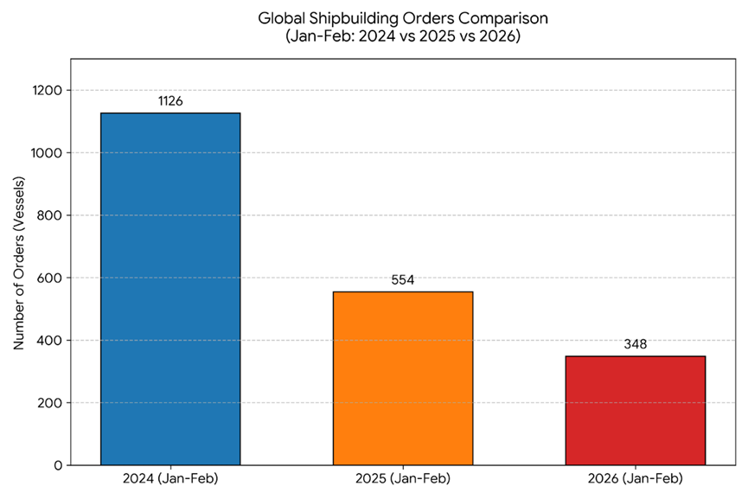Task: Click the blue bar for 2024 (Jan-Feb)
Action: tap(170, 289)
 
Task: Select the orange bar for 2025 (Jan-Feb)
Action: tap(403, 378)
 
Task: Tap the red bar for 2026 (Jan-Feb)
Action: tap(636, 410)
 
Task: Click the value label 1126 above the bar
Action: tap(170, 101)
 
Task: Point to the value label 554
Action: tap(403, 280)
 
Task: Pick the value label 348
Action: tap(636, 344)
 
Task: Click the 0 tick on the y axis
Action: tap(58, 465)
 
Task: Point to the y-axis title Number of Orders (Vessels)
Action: tap(18, 263)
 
